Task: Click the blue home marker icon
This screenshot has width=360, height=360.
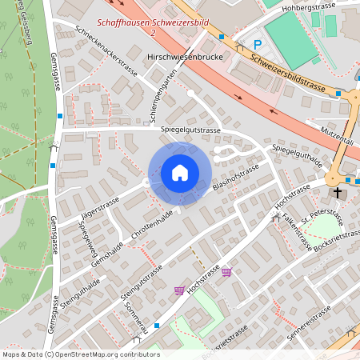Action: tap(180, 173)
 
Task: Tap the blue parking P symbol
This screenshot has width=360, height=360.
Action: tap(258, 45)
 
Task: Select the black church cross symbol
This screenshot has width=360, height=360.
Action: tap(338, 193)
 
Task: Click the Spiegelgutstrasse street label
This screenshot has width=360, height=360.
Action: tap(190, 129)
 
